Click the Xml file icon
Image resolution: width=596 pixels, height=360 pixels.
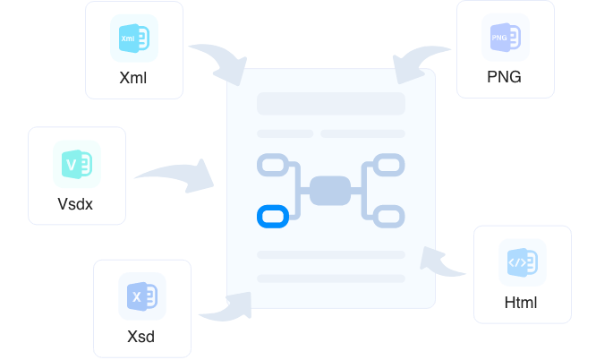click(x=133, y=39)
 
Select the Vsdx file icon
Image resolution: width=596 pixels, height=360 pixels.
click(x=75, y=164)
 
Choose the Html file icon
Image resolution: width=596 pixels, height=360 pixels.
click(x=522, y=262)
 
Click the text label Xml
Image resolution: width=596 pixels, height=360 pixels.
click(x=132, y=78)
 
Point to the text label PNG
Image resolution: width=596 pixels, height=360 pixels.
click(x=504, y=77)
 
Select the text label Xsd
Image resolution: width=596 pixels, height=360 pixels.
click(x=141, y=337)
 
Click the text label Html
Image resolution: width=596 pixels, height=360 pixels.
click(x=521, y=302)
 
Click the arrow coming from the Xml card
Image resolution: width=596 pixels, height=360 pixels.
click(x=220, y=63)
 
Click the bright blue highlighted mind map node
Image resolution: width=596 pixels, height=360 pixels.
click(x=271, y=216)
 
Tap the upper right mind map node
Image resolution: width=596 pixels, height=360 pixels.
click(x=388, y=165)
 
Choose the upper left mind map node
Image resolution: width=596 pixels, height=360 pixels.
click(x=271, y=165)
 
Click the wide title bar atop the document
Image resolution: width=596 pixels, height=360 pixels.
click(x=331, y=103)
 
